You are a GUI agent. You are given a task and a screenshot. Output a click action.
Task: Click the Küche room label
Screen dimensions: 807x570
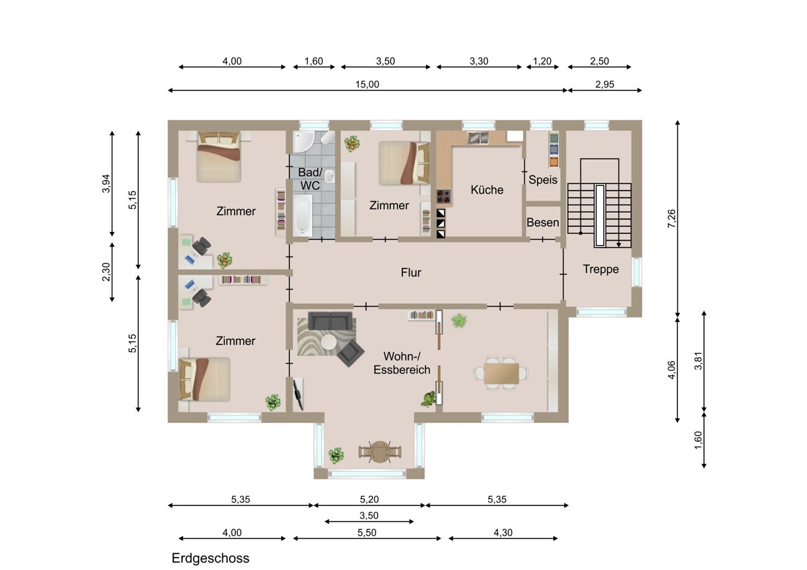click(x=487, y=190)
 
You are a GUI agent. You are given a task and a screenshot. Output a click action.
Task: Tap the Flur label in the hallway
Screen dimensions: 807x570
click(x=411, y=272)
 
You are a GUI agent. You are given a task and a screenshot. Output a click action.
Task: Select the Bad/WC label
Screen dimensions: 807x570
click(x=310, y=179)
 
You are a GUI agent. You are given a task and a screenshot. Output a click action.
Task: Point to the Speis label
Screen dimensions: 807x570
click(x=543, y=180)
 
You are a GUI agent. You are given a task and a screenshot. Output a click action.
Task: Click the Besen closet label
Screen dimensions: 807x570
click(x=543, y=223)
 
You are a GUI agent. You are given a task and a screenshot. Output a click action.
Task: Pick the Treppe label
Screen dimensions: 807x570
click(x=600, y=269)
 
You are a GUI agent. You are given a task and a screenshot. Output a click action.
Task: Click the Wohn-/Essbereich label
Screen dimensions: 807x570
click(x=402, y=363)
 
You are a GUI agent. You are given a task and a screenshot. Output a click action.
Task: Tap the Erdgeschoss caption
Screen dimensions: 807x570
click(x=210, y=558)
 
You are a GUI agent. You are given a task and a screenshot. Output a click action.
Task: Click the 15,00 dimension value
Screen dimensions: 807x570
click(x=367, y=84)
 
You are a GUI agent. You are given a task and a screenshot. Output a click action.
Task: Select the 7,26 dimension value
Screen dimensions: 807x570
click(x=672, y=218)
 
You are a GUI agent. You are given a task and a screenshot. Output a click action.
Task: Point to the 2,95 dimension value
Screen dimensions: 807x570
click(x=605, y=84)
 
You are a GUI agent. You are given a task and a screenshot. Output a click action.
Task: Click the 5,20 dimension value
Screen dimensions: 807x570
click(x=369, y=499)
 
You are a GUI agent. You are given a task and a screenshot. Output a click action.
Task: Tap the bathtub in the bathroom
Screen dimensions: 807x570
click(x=302, y=216)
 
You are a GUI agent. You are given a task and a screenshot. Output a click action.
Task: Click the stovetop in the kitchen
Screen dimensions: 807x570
click(x=443, y=197)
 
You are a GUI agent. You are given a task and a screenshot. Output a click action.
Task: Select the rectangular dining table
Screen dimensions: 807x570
click(x=501, y=373)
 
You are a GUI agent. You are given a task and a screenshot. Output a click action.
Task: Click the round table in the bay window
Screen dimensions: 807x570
click(x=379, y=452)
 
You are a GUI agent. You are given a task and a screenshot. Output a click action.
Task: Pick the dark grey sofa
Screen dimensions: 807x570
click(x=330, y=321)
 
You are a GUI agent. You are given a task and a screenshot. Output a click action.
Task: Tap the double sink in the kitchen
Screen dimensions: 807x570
click(x=478, y=138)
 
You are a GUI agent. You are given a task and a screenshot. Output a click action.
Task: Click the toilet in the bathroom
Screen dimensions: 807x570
click(x=327, y=138)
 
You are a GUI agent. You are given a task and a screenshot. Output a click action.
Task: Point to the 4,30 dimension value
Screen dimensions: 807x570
click(x=503, y=532)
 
